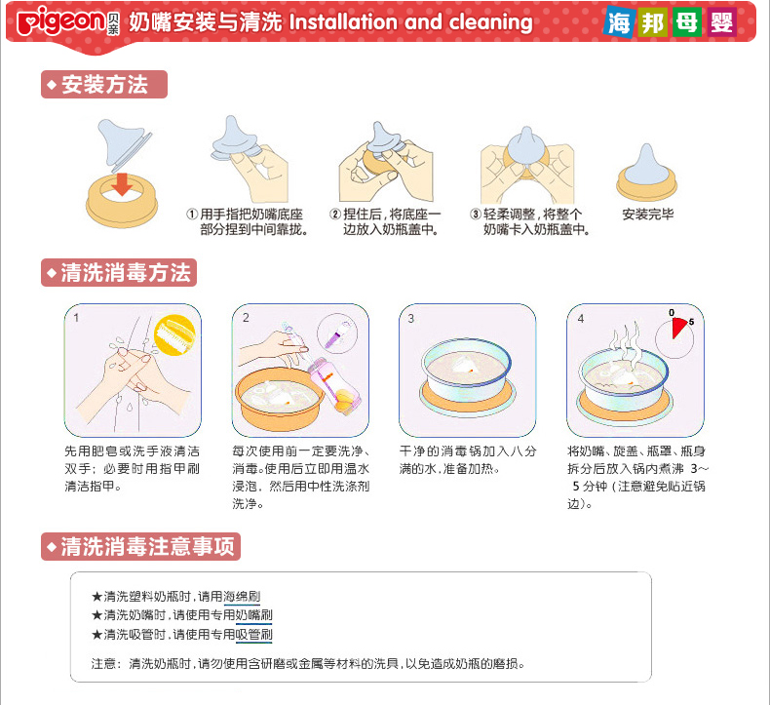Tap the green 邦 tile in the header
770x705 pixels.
point(654,21)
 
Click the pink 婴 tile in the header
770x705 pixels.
point(722,21)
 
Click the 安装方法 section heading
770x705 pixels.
point(104,85)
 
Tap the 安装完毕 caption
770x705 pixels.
point(648,214)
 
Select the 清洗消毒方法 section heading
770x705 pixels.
point(119,273)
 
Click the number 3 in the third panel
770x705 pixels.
point(411,318)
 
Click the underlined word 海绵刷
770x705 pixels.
point(242,597)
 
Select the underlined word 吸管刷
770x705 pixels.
point(253,635)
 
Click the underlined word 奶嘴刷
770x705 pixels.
point(253,615)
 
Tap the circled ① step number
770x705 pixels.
point(192,214)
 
